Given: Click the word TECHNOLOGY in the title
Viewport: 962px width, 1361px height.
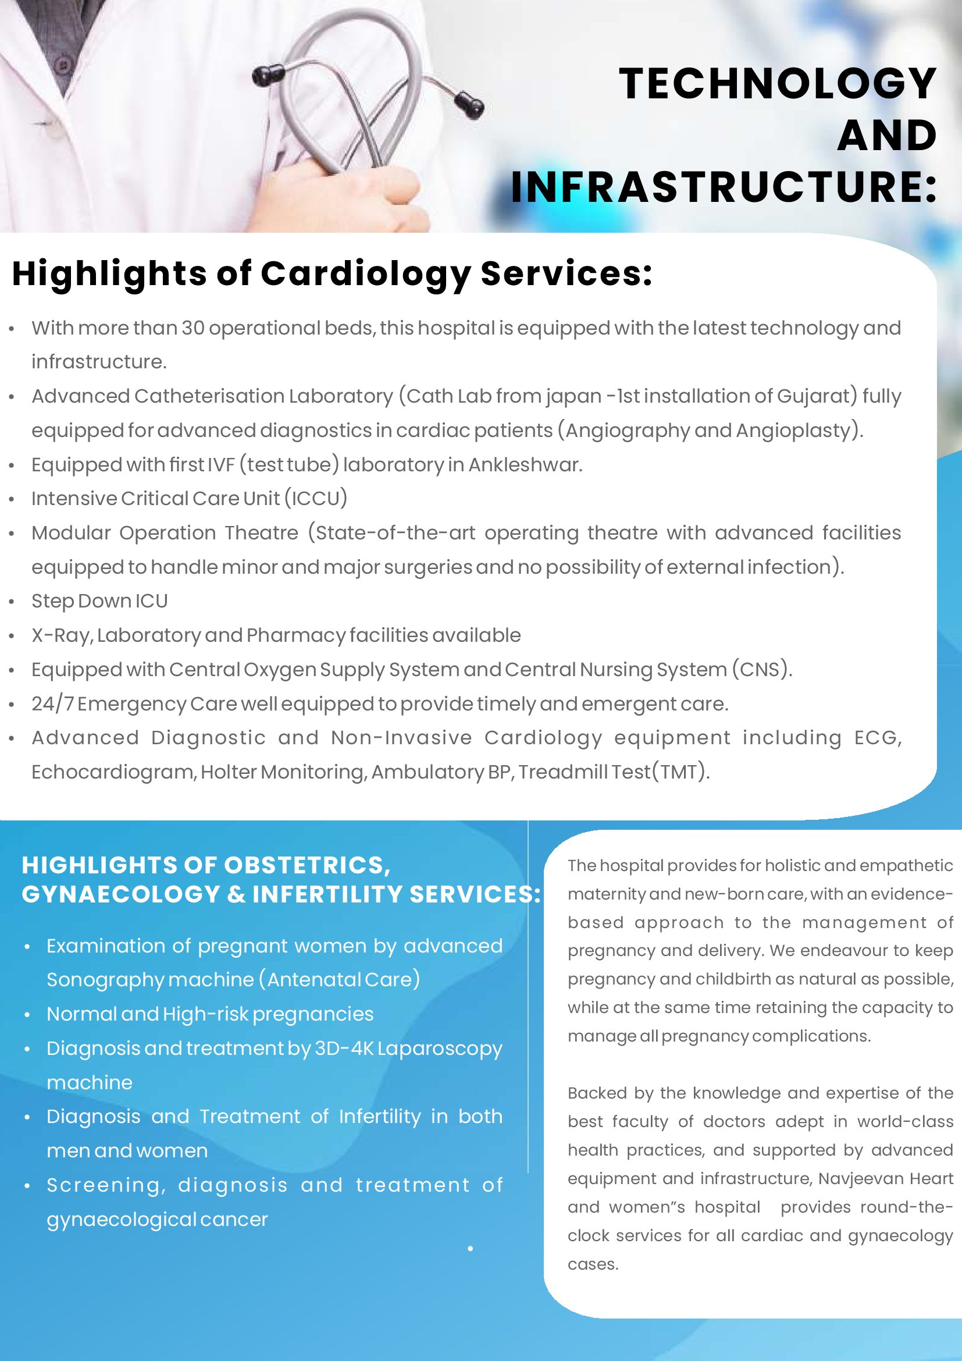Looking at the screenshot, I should point(777,84).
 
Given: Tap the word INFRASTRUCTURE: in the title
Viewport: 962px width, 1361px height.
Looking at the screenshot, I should point(724,187).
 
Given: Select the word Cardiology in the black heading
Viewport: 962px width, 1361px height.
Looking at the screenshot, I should point(365,275).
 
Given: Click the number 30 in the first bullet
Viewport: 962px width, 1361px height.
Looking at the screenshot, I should point(193,328).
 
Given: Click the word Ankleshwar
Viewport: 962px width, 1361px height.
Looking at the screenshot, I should point(525,465).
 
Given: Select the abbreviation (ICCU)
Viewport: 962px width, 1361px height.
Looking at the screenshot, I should point(316,499).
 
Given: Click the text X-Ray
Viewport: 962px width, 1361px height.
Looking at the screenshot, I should point(62,635).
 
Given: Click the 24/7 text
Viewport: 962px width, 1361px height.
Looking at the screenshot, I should point(52,703).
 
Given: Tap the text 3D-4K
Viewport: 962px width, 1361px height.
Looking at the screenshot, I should point(344,1049).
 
